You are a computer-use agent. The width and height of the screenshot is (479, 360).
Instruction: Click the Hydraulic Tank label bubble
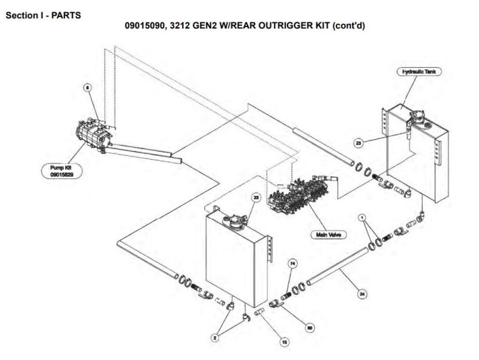419,72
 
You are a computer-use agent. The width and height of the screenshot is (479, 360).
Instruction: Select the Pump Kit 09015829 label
62,171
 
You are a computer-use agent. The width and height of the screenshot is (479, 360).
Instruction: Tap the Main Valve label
328,235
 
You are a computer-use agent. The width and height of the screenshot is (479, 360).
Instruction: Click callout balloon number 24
362,294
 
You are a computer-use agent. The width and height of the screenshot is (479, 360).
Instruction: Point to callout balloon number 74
292,263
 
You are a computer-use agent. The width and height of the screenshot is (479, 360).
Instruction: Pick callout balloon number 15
284,342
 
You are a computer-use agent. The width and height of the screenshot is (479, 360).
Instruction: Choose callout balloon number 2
215,338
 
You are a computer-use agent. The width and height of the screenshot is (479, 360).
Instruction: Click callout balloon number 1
362,218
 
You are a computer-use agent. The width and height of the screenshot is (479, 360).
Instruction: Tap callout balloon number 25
358,142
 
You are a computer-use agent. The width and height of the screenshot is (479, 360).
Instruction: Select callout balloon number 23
256,197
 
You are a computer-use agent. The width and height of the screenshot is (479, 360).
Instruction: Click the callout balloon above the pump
88,87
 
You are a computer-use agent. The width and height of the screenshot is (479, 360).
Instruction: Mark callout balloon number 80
310,327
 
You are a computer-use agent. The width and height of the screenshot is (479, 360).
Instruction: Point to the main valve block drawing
298,194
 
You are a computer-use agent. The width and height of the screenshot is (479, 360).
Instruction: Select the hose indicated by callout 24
337,266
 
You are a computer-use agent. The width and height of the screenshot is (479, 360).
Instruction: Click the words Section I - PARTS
43,16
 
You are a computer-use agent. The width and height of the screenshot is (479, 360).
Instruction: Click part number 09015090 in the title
145,25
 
